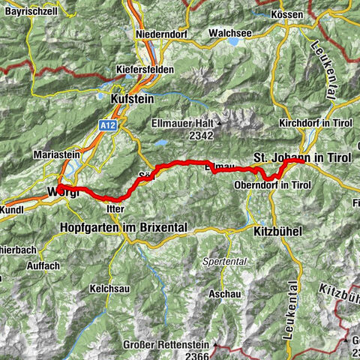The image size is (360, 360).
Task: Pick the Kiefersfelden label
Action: pos(145,69)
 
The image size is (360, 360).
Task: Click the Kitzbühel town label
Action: pos(277,232)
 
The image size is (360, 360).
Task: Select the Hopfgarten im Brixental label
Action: pos(124,226)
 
